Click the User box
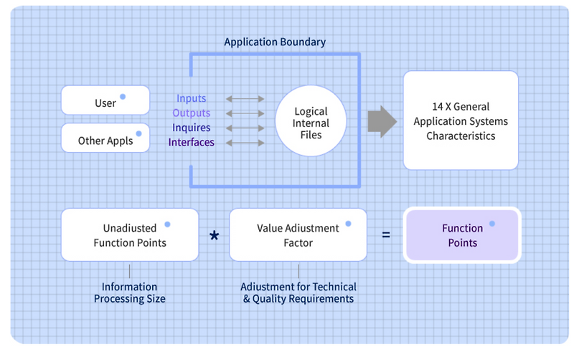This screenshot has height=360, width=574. [x=105, y=100]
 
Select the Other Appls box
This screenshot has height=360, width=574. [x=105, y=138]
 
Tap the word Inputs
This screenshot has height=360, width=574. [x=191, y=99]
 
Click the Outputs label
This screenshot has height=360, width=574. [x=191, y=113]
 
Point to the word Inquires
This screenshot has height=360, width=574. [x=191, y=128]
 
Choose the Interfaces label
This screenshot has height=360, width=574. [x=191, y=142]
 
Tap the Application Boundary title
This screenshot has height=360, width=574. [x=275, y=42]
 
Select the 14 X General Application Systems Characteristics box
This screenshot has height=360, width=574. [x=460, y=120]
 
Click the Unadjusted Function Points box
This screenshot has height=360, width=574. [x=130, y=235]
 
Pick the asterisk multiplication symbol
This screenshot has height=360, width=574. [x=214, y=236]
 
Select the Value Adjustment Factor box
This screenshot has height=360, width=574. [x=298, y=235]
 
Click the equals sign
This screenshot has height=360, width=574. [x=386, y=235]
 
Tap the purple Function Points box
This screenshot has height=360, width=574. [x=462, y=235]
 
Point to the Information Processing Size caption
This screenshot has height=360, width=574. [x=129, y=293]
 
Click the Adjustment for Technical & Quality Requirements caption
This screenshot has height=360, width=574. [x=298, y=293]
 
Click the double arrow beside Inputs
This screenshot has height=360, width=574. [x=245, y=99]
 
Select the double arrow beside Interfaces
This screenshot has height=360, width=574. [x=245, y=142]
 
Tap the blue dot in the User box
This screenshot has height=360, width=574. [x=123, y=97]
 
